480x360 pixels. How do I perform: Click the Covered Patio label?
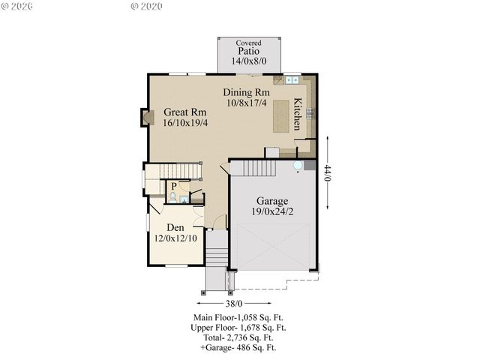248,52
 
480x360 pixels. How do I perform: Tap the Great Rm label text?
185,112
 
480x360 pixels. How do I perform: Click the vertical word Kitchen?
298,114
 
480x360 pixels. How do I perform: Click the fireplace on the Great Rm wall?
147,117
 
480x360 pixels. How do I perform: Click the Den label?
175,226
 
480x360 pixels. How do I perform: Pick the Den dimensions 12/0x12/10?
175,238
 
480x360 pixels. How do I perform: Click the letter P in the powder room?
173,185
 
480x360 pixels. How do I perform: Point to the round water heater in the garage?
298,166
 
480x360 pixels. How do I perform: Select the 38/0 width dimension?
234,303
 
